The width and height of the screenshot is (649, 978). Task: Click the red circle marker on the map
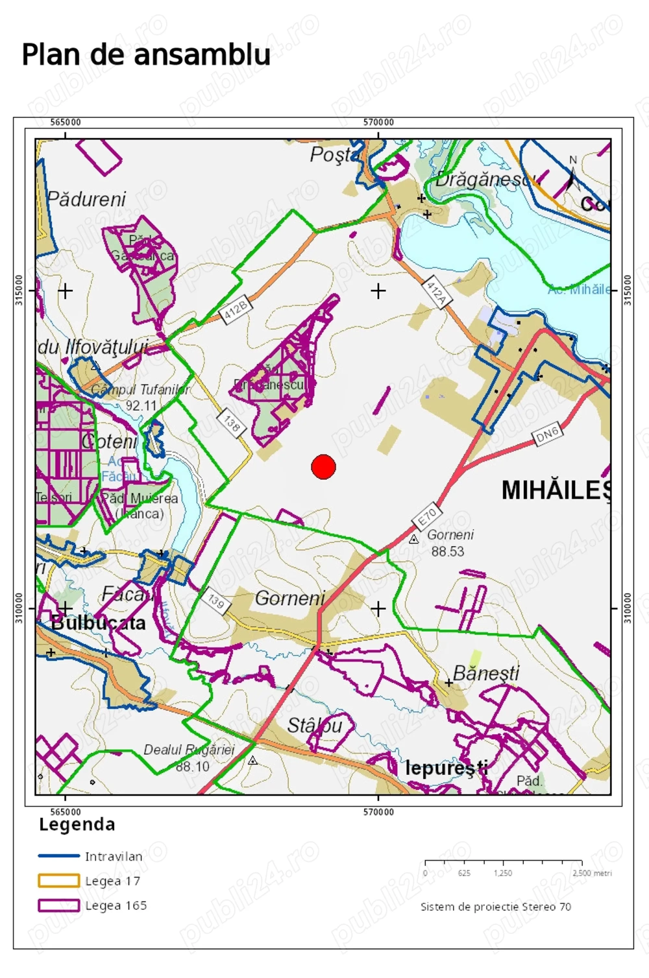point(323,466)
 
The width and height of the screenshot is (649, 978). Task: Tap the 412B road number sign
point(236,309)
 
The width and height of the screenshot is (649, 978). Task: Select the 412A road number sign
point(436,292)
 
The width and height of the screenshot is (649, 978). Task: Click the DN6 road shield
point(547,434)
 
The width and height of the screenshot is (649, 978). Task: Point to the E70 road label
point(426,518)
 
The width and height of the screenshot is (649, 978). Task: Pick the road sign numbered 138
point(232,423)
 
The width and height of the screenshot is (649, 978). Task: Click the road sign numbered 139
point(215,601)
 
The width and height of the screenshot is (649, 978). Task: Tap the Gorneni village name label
point(289,598)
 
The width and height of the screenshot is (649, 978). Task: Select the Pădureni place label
point(86,199)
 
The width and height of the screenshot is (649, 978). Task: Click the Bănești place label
point(486,673)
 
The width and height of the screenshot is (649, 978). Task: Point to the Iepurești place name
point(447,769)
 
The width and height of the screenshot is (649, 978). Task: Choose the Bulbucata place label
point(99,623)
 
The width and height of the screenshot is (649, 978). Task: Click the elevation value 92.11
point(141,406)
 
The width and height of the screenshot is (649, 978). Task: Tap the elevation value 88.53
point(448,552)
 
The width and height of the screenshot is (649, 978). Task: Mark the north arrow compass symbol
point(572,174)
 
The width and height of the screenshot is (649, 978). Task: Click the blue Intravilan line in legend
point(58,856)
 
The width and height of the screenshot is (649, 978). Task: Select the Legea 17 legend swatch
point(58,881)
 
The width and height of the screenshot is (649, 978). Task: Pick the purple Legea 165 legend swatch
point(58,905)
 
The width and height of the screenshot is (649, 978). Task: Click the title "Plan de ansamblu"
point(146,54)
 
